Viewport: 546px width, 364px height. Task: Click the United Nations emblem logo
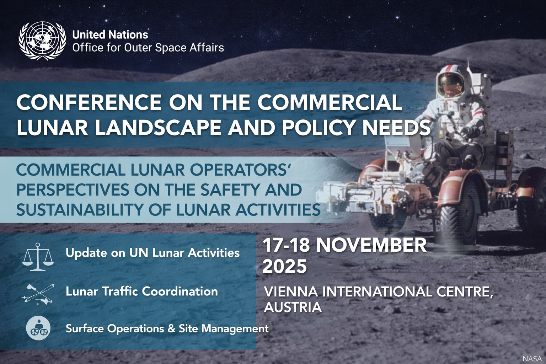coord(42,41)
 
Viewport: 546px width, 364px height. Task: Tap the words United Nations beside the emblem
coord(110,35)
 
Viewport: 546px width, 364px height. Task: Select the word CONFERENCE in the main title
coord(89,103)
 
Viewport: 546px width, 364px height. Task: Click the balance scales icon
coord(38,257)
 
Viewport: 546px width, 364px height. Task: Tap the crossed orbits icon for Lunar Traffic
coord(38,294)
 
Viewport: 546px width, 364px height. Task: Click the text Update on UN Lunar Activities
coord(152,253)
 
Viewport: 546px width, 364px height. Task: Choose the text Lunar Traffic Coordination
coord(141,291)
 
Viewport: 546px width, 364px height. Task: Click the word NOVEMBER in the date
coord(371,245)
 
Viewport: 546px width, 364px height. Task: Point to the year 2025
coord(284,266)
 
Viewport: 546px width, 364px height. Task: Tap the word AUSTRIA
coord(293,307)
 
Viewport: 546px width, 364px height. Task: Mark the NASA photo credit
coord(532,359)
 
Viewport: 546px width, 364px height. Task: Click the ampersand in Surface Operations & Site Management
coord(171,328)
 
